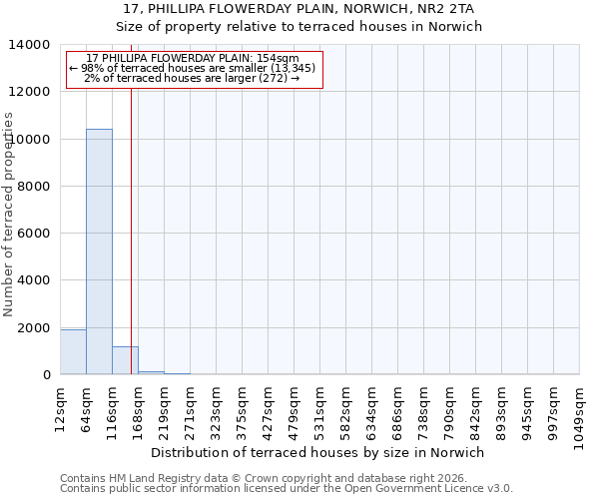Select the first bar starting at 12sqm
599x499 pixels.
point(73,352)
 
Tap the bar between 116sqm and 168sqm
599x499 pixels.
point(125,360)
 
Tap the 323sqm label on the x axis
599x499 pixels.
point(216,409)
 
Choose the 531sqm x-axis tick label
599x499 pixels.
point(319,409)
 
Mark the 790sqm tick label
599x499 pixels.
point(449,409)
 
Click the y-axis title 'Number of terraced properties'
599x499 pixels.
point(10,214)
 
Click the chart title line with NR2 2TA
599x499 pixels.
point(299,9)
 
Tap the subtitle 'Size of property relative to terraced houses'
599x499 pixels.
point(299,27)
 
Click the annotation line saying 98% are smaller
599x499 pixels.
point(195,68)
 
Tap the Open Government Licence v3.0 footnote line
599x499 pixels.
point(287,489)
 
